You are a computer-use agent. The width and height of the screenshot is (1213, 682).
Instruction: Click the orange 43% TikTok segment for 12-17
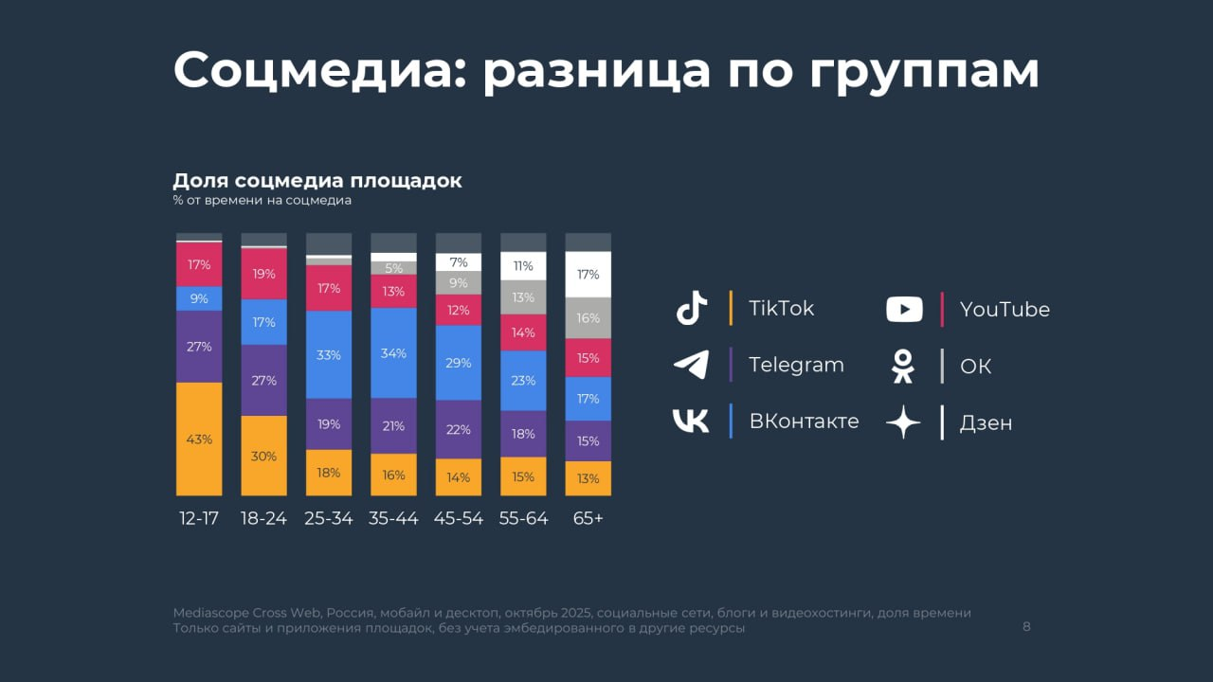pyautogui.click(x=199, y=439)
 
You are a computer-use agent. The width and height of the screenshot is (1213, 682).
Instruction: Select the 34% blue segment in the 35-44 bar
pyautogui.click(x=393, y=352)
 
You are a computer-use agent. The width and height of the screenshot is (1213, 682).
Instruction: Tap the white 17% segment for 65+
pyautogui.click(x=588, y=275)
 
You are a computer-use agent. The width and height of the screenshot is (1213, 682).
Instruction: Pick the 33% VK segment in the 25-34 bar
pyautogui.click(x=329, y=354)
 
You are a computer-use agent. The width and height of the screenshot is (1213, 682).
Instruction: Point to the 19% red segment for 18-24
pyautogui.click(x=263, y=274)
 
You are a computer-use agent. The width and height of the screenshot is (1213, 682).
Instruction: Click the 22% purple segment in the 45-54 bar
pyautogui.click(x=458, y=428)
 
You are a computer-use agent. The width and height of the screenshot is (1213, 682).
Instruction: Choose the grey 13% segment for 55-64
pyautogui.click(x=523, y=297)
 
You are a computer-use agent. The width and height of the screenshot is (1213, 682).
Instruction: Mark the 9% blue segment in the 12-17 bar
pyautogui.click(x=199, y=298)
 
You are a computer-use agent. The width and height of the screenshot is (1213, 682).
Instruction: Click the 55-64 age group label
pyautogui.click(x=523, y=518)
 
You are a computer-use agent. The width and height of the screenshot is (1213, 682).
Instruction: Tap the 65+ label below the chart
pyautogui.click(x=588, y=518)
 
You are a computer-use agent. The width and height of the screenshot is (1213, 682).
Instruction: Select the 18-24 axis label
pyautogui.click(x=263, y=518)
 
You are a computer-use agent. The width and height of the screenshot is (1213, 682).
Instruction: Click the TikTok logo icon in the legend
pyautogui.click(x=692, y=309)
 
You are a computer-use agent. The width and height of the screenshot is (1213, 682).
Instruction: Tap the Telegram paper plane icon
pyautogui.click(x=691, y=365)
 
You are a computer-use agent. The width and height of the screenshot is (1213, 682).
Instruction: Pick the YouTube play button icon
pyautogui.click(x=904, y=309)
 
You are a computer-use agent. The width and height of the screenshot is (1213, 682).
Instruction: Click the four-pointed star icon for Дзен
pyautogui.click(x=903, y=422)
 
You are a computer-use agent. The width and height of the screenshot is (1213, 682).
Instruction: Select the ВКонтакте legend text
pyautogui.click(x=804, y=422)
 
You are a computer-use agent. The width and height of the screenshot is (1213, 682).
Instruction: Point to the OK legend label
pyautogui.click(x=975, y=366)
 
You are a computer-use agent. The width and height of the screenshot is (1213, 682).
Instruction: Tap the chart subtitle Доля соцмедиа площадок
pyautogui.click(x=317, y=180)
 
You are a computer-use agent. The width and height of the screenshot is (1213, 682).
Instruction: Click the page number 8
pyautogui.click(x=1026, y=626)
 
